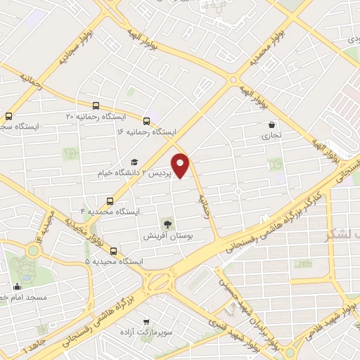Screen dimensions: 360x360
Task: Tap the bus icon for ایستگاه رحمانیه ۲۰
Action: click(96, 106)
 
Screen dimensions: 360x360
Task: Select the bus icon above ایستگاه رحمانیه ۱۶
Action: click(146, 121)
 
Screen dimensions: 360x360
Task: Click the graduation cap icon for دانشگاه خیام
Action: click(134, 162)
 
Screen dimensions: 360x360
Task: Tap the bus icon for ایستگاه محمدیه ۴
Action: click(109, 201)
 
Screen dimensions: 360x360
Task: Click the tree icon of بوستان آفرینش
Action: click(168, 224)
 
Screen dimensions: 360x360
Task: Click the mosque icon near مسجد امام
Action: click(16, 286)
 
